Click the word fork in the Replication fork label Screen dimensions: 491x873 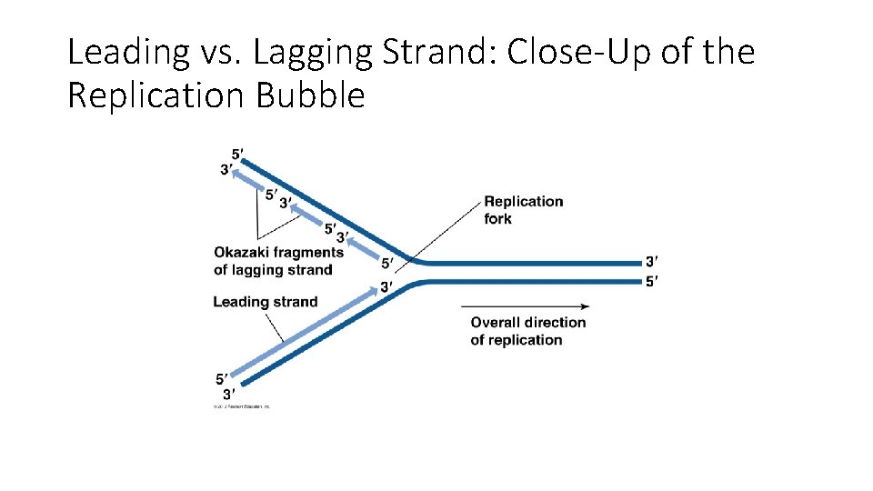498,218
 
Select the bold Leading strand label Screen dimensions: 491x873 265,302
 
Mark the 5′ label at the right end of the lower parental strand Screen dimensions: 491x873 651,282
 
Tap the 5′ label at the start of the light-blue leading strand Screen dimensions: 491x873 222,378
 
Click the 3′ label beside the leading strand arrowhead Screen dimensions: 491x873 386,287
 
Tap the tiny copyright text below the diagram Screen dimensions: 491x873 241,406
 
